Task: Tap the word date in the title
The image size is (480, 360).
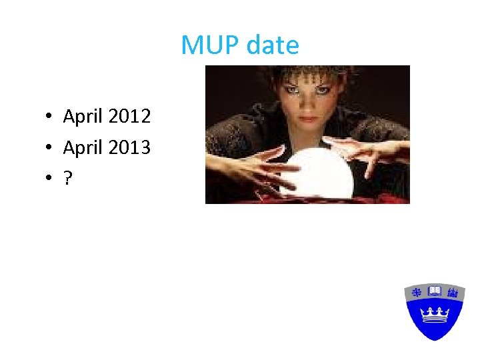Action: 273,45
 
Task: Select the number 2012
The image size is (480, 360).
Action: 129,117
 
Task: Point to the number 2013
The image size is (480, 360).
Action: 129,147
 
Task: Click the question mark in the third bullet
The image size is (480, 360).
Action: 67,177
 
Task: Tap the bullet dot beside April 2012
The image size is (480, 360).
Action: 49,117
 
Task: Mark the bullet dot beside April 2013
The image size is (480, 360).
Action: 49,147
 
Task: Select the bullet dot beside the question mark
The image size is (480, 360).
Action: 49,177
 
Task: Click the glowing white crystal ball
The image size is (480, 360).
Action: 315,171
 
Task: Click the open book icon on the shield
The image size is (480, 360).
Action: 435,291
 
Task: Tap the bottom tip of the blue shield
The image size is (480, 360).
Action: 435,339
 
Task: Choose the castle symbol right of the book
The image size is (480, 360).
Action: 453,291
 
